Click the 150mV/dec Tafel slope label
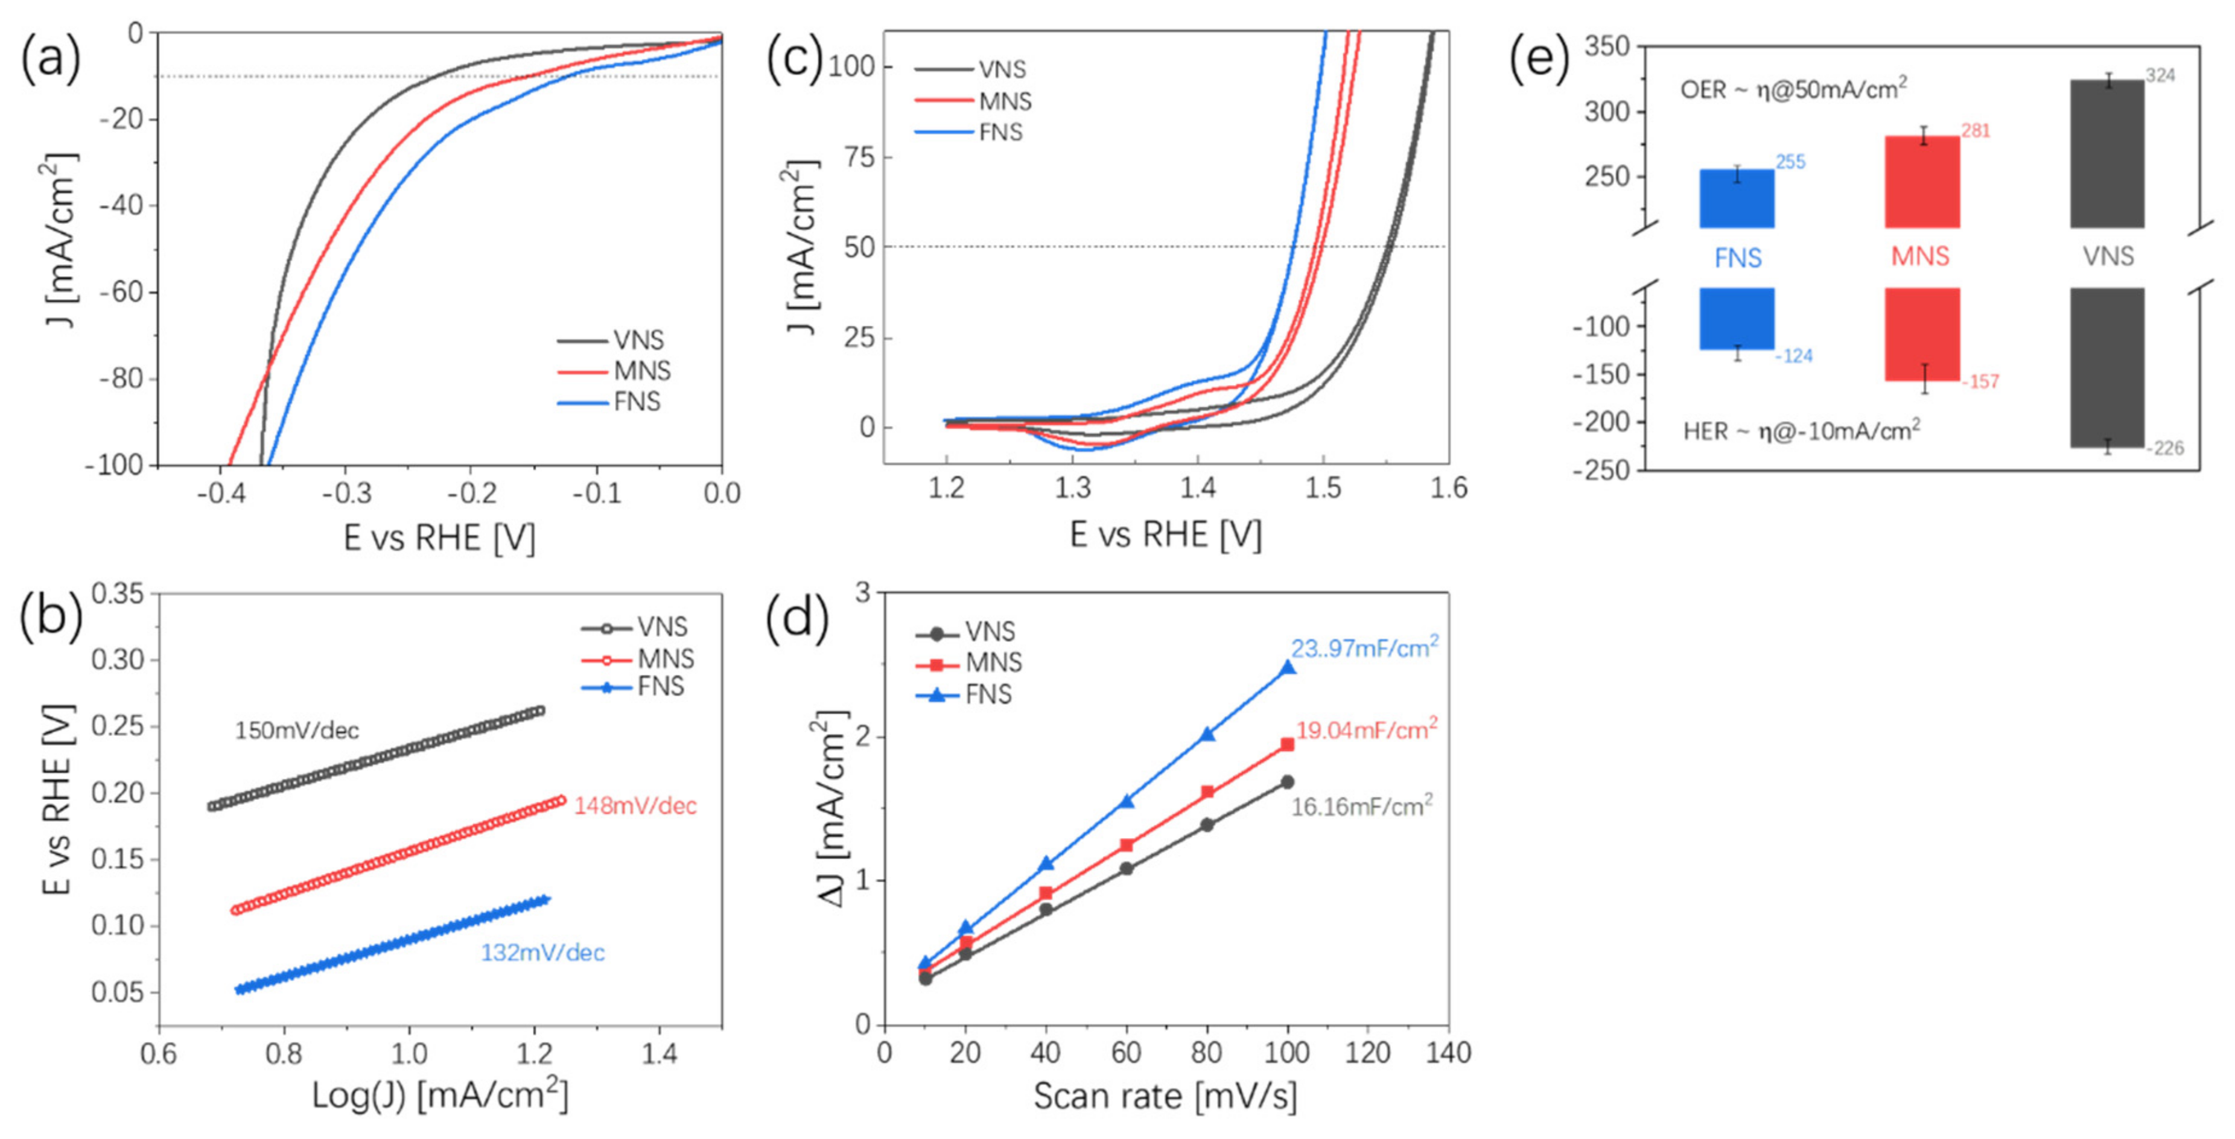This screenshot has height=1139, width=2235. tap(297, 731)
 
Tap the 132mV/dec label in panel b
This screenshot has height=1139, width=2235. tap(542, 953)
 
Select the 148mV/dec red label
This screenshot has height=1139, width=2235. tap(635, 806)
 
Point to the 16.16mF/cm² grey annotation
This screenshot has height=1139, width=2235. tap(1361, 807)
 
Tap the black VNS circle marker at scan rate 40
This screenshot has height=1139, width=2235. tap(1046, 909)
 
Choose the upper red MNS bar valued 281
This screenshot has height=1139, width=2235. tap(1922, 182)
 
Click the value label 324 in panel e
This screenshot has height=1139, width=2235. tap(2160, 75)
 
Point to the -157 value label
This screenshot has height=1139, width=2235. tap(1981, 382)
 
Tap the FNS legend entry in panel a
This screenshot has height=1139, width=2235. tap(636, 402)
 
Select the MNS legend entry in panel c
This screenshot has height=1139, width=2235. tap(1004, 101)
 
